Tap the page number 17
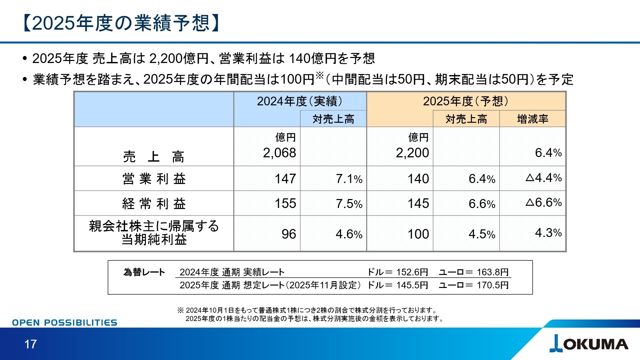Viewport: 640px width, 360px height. pos(30,344)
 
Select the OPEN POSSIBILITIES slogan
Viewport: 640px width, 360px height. pos(65,323)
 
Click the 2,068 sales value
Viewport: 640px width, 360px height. pos(279,153)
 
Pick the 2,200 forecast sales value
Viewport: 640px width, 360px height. pos(412,153)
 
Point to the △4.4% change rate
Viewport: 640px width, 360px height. pos(544,178)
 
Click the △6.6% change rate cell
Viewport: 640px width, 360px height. pos(544,202)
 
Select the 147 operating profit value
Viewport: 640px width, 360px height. pos(285,179)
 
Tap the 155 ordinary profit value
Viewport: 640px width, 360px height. pos(285,204)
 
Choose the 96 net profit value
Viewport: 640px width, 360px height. pos(289,234)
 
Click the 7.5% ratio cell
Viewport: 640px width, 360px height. pos(349,204)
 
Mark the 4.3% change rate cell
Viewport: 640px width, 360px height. pos(548,233)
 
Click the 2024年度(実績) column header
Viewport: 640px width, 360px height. pos(300,101)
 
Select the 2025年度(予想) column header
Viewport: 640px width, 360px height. pos(466,101)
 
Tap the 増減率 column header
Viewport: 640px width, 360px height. pos(533,119)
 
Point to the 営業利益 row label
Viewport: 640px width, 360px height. pos(154,179)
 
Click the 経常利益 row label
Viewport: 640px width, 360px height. pos(154,204)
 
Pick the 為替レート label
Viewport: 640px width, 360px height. pos(144,272)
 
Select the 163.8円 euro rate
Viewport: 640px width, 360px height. pos(492,272)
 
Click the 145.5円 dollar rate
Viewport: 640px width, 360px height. pos(412,285)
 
